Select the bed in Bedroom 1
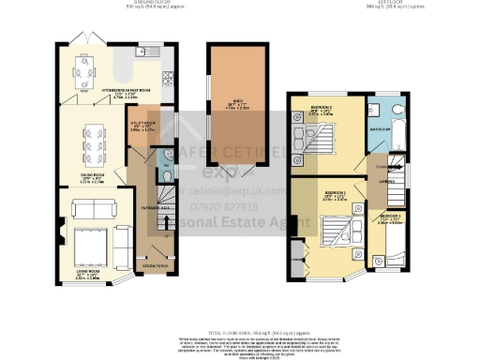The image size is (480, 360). (336, 232)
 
